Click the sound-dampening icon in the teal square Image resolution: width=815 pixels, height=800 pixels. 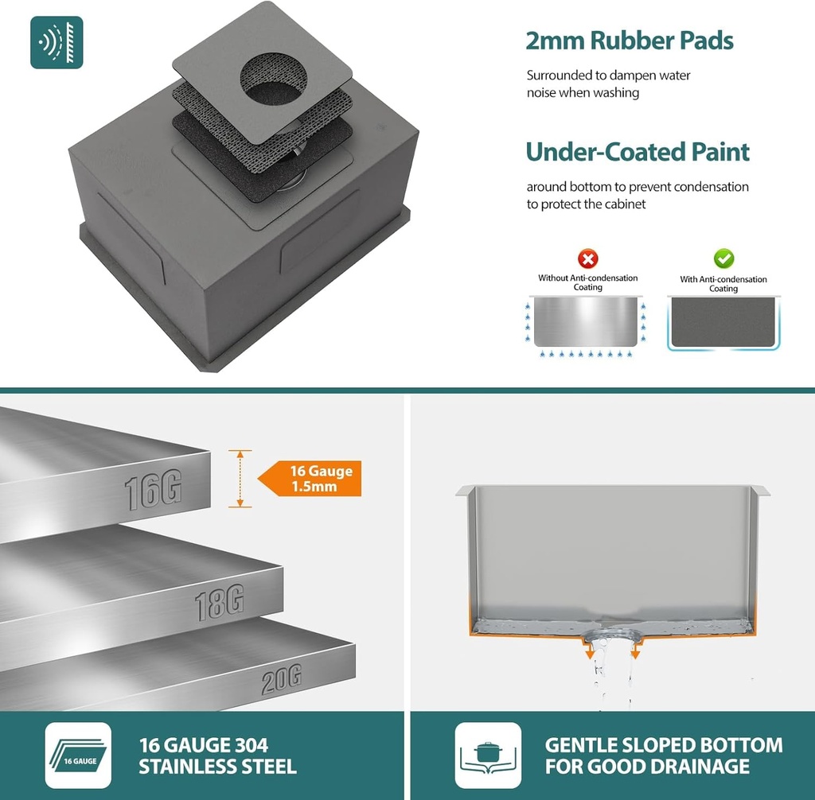coord(57,42)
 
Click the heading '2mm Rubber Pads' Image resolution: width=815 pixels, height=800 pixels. coord(629,41)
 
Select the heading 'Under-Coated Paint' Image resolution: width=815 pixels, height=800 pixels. coord(638,152)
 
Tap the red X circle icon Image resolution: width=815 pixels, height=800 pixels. coord(587,258)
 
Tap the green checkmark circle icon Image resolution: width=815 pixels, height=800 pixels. coord(723,258)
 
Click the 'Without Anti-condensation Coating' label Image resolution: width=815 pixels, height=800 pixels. coord(587,282)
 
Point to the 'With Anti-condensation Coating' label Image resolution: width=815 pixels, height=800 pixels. coord(723,284)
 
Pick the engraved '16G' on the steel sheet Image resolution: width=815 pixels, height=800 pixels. coord(153,491)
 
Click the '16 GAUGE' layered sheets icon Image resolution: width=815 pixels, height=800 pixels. coord(78,755)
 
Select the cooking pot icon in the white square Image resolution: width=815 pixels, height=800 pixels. coord(487,755)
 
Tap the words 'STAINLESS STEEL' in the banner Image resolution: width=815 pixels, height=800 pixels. coord(217,767)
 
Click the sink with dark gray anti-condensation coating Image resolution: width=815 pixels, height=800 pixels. coord(724,322)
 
